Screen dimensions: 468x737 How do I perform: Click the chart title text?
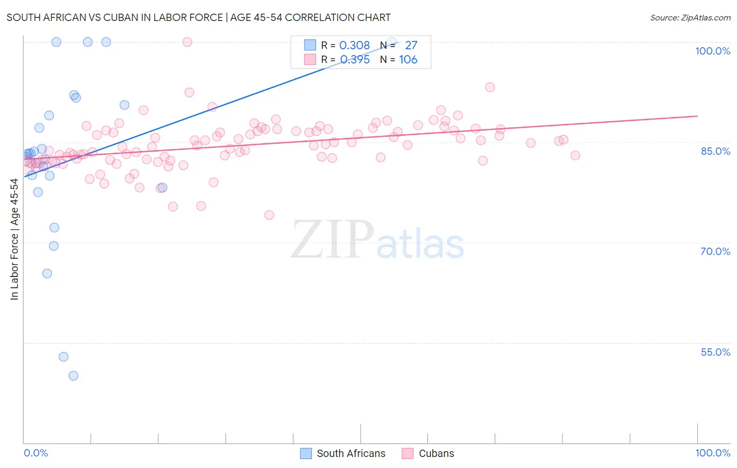(198, 17)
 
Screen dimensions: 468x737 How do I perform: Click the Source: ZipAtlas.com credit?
(690, 17)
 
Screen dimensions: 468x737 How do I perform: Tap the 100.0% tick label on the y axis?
(712, 51)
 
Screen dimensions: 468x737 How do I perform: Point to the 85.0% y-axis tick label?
(715, 151)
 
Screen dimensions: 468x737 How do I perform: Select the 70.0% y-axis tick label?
(715, 251)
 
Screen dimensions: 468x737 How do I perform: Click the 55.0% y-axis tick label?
(715, 352)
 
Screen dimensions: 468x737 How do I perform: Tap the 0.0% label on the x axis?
(36, 453)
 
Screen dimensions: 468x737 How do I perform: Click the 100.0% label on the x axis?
(712, 453)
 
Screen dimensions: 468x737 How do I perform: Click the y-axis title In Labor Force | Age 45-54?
(14, 239)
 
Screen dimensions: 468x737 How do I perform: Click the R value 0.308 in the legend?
(355, 46)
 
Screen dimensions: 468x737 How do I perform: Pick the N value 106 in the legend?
(408, 60)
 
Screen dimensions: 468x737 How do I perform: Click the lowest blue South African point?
(73, 376)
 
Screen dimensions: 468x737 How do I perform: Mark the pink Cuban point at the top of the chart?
(187, 42)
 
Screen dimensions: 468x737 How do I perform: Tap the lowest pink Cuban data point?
(269, 215)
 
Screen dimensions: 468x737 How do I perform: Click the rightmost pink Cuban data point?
(575, 155)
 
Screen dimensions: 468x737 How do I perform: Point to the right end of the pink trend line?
(697, 116)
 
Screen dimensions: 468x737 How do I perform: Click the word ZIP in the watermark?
(332, 239)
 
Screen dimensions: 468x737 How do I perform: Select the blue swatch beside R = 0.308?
(310, 45)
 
